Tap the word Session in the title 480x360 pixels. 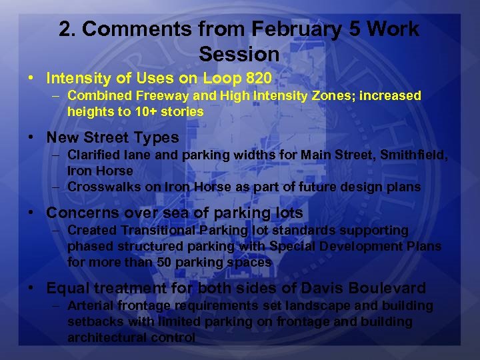point(239,53)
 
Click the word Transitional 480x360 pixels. point(156,231)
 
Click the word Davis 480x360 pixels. point(322,289)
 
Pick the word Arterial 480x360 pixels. point(91,306)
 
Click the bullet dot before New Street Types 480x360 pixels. point(31,138)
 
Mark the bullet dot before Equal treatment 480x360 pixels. point(31,289)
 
